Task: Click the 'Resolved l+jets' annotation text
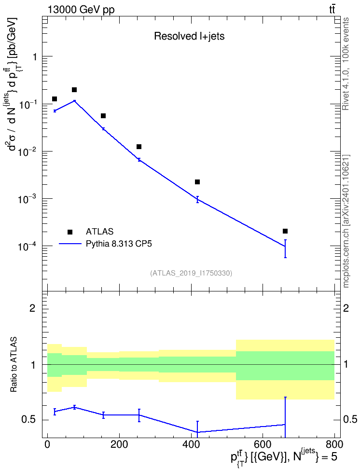tap(189, 36)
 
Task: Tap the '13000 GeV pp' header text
tap(81, 10)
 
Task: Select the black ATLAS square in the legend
tap(70, 232)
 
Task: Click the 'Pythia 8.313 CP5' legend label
tap(119, 244)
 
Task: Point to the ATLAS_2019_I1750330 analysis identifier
tap(191, 273)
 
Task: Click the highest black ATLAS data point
tap(74, 90)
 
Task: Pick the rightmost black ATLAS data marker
tap(285, 231)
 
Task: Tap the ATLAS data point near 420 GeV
tap(197, 182)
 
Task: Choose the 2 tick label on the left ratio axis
tap(32, 308)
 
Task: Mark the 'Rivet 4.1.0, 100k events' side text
tap(346, 64)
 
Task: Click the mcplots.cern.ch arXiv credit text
tap(346, 221)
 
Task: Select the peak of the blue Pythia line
tap(74, 101)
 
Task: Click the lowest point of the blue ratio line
tap(197, 432)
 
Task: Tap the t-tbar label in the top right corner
tap(332, 10)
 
